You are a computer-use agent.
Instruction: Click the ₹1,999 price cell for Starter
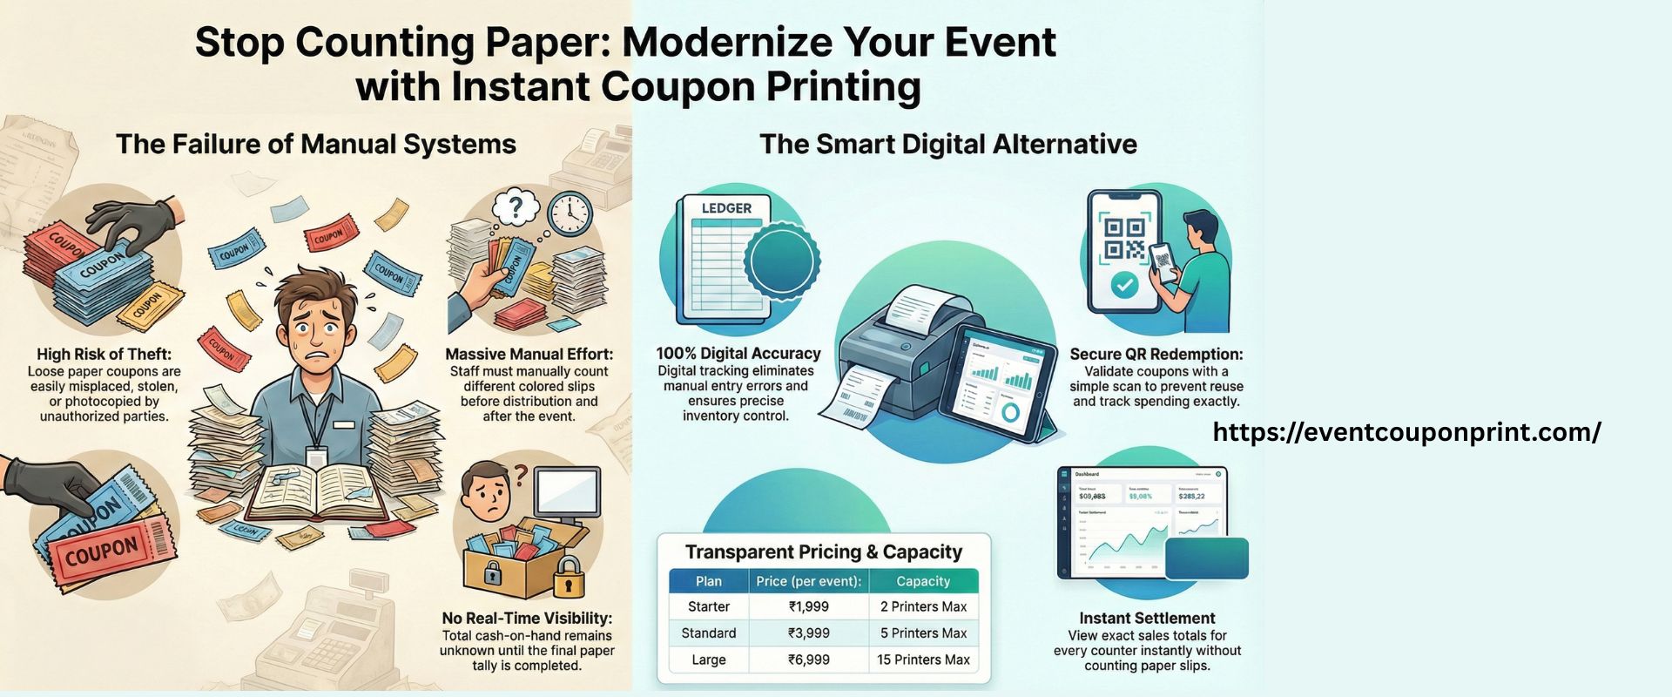[x=808, y=606]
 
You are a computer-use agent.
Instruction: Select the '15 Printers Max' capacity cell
[x=923, y=660]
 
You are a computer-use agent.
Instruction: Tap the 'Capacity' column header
[x=923, y=581]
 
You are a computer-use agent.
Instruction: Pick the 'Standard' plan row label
[x=708, y=633]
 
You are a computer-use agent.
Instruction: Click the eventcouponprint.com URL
[x=1406, y=432]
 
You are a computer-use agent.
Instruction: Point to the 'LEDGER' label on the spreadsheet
[x=726, y=208]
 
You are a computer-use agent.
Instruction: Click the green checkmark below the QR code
[x=1125, y=284]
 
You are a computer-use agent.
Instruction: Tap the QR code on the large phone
[x=1123, y=239]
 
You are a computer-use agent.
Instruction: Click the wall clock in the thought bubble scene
[x=570, y=213]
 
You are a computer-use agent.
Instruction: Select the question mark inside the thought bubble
[x=516, y=207]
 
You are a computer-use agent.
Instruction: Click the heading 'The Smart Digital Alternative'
[x=947, y=144]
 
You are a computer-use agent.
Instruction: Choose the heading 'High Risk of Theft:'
[x=104, y=355]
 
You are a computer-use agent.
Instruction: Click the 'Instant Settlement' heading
[x=1147, y=619]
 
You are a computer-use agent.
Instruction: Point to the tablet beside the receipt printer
[x=1004, y=382]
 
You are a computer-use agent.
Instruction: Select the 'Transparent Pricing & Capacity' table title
[x=823, y=552]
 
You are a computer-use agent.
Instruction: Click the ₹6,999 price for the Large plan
[x=808, y=660]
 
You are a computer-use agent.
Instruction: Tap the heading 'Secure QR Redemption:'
[x=1156, y=355]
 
